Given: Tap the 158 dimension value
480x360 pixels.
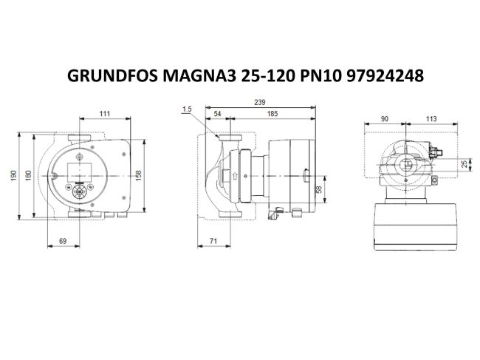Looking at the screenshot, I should pyautogui.click(x=139, y=174).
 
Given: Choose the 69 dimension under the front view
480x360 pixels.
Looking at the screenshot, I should pyautogui.click(x=64, y=241).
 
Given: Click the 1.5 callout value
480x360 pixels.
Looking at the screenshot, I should pyautogui.click(x=186, y=109).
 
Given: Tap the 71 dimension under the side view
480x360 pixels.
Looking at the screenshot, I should pyautogui.click(x=213, y=241).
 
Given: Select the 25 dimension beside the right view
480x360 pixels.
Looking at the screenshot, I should pyautogui.click(x=464, y=164).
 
